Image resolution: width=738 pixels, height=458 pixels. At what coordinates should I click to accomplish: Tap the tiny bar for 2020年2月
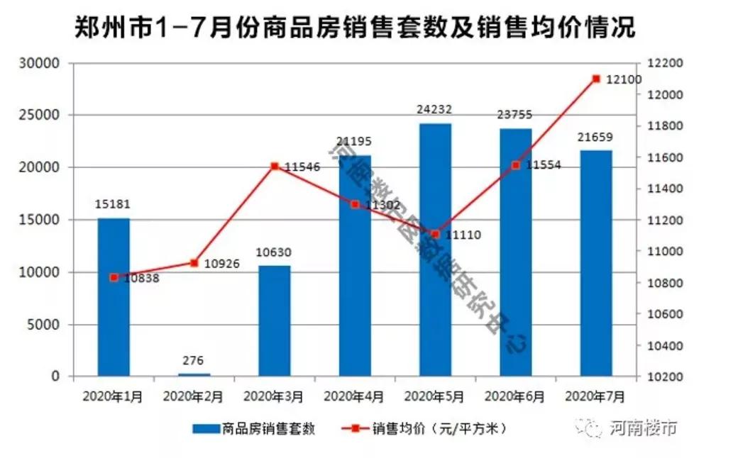click(194, 374)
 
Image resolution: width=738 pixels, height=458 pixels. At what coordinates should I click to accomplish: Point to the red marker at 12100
click(596, 79)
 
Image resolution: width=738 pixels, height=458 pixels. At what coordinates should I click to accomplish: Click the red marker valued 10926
click(194, 263)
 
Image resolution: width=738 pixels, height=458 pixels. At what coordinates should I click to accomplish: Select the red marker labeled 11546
click(274, 166)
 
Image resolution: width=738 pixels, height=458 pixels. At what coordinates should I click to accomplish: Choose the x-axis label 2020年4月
click(354, 396)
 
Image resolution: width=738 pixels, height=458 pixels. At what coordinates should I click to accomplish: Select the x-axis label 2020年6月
click(515, 396)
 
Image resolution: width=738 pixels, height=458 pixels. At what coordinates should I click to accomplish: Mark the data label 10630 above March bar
click(274, 252)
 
